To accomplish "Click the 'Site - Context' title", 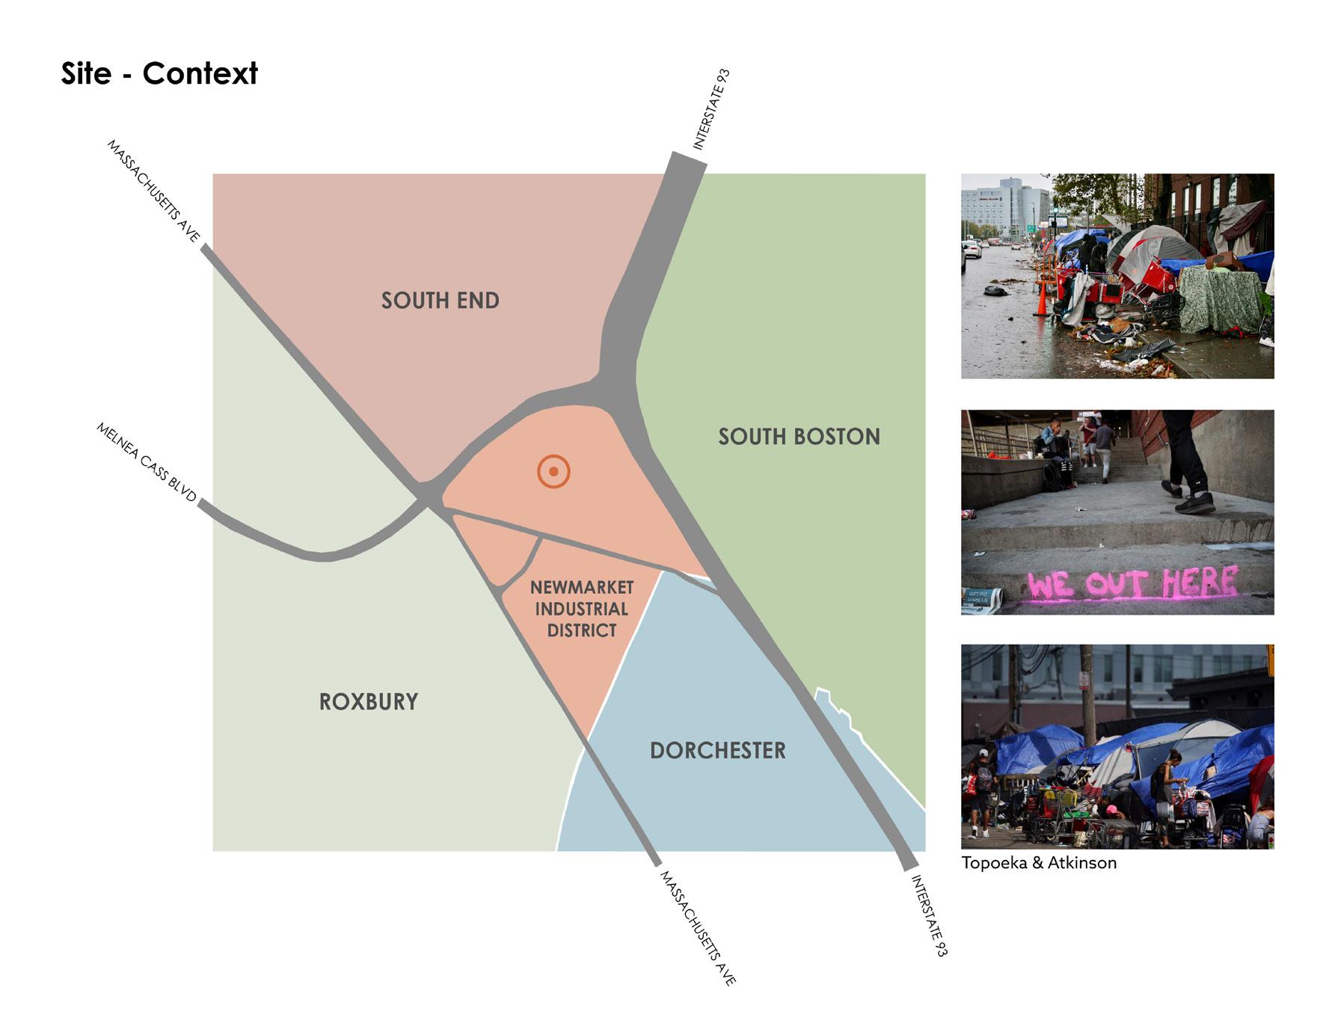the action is [159, 73].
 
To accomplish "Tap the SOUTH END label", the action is [440, 301].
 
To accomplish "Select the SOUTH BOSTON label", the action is [799, 437].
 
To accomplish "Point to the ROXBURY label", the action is [368, 701].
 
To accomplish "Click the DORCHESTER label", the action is [717, 750].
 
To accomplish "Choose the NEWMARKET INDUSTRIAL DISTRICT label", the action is [581, 609].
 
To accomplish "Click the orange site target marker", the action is [553, 472].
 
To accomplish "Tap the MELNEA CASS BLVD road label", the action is [147, 462].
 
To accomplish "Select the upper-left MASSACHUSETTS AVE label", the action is [154, 191].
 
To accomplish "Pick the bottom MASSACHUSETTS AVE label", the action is [698, 927].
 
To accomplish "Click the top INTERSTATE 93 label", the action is [711, 109].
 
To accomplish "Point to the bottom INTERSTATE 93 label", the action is [929, 916].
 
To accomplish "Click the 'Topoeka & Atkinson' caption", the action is [1038, 862].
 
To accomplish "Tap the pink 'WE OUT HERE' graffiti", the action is [1132, 583].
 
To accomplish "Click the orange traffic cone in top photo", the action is [1041, 298].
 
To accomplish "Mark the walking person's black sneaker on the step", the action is [1194, 503].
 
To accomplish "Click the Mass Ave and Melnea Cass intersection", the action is [429, 494].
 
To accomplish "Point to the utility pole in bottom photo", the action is [1087, 695].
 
